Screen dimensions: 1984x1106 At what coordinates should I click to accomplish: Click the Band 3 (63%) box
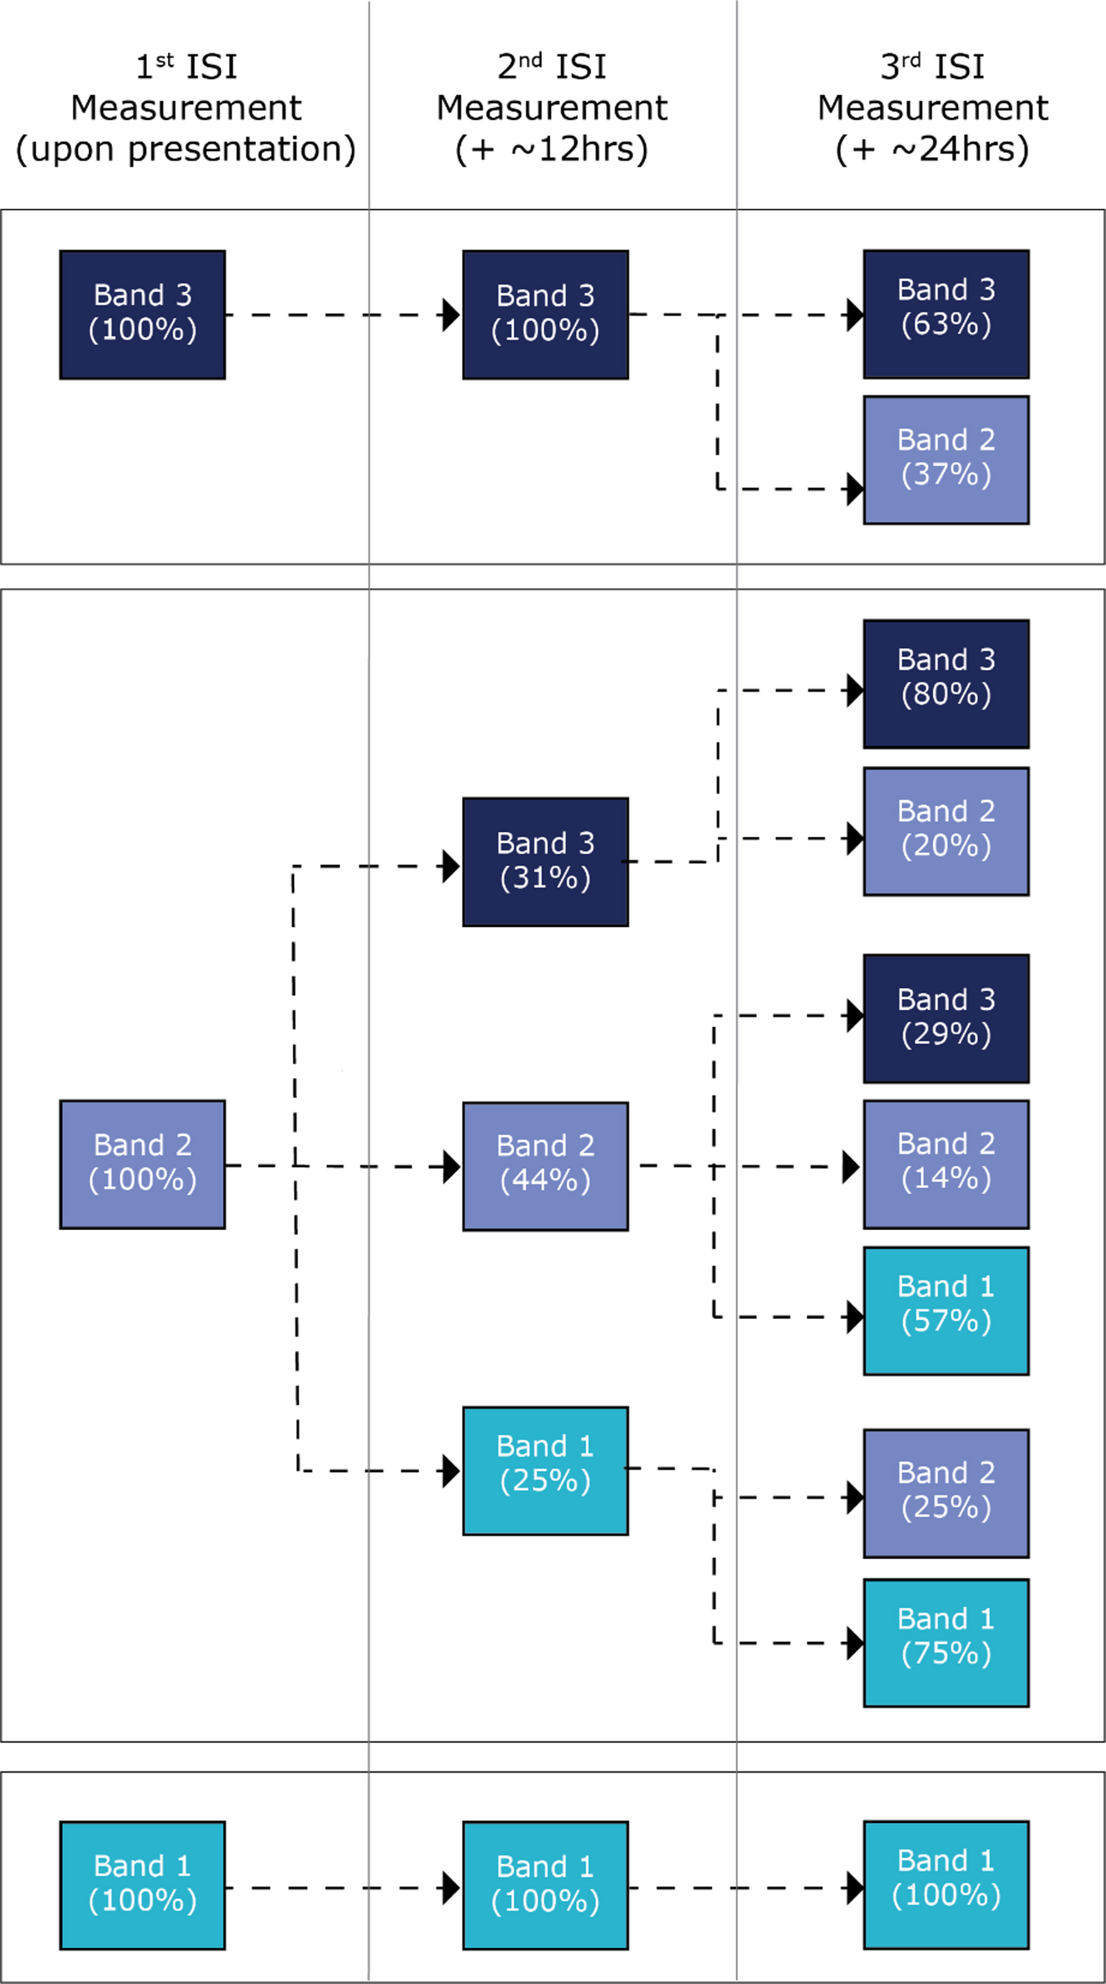[x=946, y=314]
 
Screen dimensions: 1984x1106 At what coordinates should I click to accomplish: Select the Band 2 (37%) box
[x=946, y=460]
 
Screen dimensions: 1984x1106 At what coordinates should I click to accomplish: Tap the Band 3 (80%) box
[x=946, y=683]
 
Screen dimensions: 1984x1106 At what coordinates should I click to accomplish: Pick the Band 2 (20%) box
[x=946, y=831]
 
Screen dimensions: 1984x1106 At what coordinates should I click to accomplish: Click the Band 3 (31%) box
[x=545, y=861]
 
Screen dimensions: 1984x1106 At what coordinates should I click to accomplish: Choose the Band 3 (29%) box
[x=946, y=1018]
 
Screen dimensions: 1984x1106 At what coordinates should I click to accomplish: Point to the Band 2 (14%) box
[x=946, y=1164]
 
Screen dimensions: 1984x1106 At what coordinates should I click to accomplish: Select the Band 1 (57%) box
[x=946, y=1310]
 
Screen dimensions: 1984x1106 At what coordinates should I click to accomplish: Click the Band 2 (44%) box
[x=545, y=1165]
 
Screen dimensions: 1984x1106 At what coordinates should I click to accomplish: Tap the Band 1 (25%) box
[x=545, y=1469]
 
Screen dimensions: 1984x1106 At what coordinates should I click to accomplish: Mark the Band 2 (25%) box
[x=946, y=1493]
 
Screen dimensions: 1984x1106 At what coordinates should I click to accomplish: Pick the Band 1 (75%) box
[x=946, y=1642]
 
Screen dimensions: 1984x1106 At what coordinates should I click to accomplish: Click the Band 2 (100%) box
[x=142, y=1164]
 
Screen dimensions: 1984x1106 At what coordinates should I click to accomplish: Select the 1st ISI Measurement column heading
[x=186, y=107]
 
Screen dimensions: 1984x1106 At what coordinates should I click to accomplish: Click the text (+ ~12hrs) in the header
[x=552, y=149]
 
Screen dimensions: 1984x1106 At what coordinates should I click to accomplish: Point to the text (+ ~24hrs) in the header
[x=932, y=149]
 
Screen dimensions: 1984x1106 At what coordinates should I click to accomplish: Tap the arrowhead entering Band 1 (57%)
[x=855, y=1317]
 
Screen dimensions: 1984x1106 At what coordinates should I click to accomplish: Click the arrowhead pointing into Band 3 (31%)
[x=452, y=866]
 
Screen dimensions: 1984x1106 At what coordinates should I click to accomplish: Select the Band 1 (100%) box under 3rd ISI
[x=946, y=1884]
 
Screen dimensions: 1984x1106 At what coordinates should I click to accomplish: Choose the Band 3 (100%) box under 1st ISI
[x=142, y=314]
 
